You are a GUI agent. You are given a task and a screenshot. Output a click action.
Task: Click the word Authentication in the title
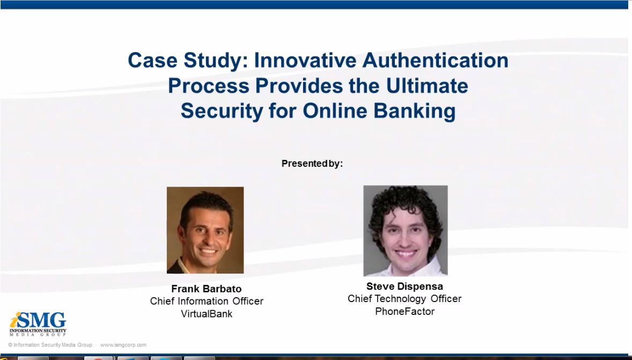[435, 60]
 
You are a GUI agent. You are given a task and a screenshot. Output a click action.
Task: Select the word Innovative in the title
[305, 60]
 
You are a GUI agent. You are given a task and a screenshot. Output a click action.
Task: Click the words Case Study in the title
[188, 60]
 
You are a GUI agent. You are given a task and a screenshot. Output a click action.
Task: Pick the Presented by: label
[312, 164]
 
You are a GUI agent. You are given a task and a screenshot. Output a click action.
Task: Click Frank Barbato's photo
[205, 230]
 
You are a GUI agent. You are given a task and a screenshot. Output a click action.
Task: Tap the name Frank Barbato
[206, 289]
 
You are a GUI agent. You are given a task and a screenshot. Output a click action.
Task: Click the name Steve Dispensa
[405, 286]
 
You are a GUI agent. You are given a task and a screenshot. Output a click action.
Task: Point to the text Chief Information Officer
[207, 301]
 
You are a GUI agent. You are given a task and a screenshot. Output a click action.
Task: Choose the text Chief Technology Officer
[405, 299]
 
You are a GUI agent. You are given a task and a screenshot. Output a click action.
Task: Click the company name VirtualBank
[207, 314]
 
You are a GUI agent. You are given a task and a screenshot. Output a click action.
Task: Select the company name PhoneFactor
[405, 311]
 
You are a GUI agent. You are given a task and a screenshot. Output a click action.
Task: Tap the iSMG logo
[38, 324]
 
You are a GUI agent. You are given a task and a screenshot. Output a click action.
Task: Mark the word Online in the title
[329, 111]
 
